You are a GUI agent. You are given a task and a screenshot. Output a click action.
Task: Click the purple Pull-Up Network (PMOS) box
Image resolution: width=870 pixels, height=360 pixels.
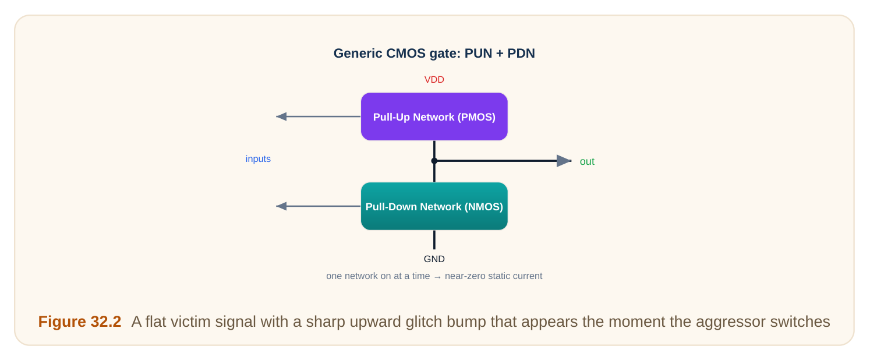[434, 117]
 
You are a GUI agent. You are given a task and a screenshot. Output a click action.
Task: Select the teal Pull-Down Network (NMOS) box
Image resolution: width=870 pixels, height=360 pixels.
[434, 206]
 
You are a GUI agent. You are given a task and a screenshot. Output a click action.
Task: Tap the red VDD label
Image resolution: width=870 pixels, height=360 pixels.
[434, 80]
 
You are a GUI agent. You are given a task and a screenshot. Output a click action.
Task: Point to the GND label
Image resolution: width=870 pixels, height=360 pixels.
[434, 259]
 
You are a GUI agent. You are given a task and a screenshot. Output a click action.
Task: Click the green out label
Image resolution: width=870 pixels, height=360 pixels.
[587, 161]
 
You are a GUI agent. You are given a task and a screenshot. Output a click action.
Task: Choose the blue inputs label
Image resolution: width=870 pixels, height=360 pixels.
[258, 159]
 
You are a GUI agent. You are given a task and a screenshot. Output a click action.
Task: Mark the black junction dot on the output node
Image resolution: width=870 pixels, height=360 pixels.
[434, 161]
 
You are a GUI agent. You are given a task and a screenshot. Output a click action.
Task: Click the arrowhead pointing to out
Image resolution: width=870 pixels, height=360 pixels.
[564, 161]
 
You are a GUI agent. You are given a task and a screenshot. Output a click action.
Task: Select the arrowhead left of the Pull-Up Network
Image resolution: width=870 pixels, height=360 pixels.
[281, 117]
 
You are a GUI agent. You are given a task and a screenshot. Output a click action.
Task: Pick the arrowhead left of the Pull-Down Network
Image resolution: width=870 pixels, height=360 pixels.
[281, 206]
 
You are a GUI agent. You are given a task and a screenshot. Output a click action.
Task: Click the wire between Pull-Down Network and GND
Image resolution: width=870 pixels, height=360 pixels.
[434, 239]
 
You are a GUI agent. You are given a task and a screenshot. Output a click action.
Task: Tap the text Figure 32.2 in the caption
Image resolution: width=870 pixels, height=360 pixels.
[80, 322]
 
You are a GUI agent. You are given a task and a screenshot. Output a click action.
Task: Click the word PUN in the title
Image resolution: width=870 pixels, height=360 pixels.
[478, 53]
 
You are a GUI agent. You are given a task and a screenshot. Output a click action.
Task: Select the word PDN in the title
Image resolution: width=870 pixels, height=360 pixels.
[521, 53]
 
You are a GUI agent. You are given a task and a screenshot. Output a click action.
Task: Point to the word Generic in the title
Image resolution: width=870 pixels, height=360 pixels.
[358, 53]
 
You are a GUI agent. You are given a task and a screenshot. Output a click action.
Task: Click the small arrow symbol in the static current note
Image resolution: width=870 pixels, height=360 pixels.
[437, 277]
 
